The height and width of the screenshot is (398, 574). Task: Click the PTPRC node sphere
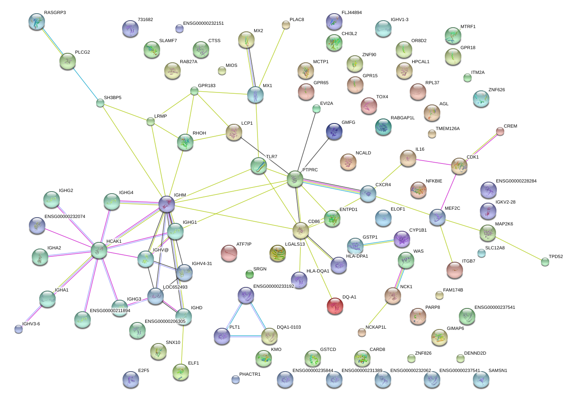pos(295,179)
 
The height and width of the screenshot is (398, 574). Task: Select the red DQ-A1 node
pos(335,306)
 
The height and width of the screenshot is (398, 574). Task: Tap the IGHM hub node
pos(167,204)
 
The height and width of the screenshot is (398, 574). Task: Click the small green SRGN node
pos(250,274)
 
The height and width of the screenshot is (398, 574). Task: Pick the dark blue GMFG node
pos(334,131)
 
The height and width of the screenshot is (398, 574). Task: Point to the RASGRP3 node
pos(37,21)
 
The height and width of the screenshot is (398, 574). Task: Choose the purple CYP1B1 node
pos(402,239)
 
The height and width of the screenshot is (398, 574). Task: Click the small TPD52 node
pos(545,262)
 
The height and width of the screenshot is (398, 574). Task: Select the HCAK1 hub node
pos(99,250)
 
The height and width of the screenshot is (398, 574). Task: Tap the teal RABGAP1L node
pos(383,127)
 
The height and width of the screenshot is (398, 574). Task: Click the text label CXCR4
pos(383,185)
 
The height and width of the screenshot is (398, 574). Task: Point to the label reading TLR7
pos(272,156)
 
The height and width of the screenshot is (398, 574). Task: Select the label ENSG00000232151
pos(203,23)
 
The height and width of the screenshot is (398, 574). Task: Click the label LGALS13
pos(295,244)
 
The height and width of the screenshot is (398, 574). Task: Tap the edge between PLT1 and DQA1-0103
pos(246,336)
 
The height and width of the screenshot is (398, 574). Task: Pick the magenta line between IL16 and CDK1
pos(434,162)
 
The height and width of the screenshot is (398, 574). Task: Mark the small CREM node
pos(500,131)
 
